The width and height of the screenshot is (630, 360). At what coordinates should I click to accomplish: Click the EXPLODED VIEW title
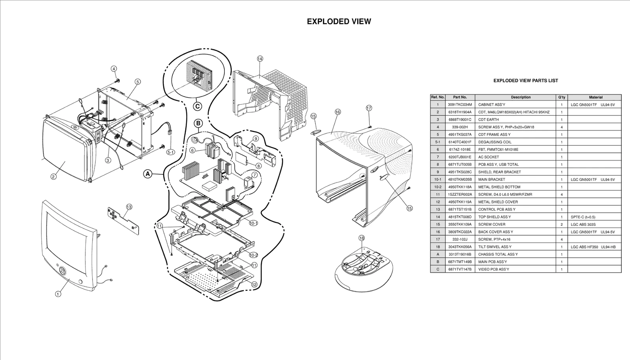click(x=339, y=22)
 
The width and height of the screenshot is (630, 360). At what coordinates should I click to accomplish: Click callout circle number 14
click(x=260, y=59)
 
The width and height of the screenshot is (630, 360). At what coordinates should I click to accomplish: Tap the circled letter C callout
click(x=198, y=106)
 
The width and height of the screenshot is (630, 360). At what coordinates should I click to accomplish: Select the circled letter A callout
click(x=148, y=174)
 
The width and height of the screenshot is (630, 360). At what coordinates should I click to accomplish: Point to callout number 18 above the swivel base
click(x=361, y=238)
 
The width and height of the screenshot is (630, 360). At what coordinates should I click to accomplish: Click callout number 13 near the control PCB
click(x=129, y=207)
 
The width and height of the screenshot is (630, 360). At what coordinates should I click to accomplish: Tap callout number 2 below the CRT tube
click(x=54, y=177)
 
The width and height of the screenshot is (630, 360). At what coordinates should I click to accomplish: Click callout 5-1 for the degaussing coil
click(x=170, y=152)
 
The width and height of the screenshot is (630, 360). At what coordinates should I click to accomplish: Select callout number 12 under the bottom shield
click(x=254, y=284)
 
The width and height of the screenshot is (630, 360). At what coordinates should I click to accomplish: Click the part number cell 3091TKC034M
click(x=460, y=105)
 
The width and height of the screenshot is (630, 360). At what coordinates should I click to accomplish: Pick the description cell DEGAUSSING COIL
click(x=495, y=142)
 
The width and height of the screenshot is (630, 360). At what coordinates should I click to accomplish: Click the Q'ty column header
click(x=561, y=97)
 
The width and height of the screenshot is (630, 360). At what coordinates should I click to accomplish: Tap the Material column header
click(x=595, y=97)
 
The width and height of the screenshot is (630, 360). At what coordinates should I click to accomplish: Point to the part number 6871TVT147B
click(x=460, y=269)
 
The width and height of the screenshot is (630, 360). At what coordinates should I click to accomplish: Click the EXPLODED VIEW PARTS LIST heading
click(x=526, y=81)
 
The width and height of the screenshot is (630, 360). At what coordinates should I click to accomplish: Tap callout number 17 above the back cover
click(x=369, y=108)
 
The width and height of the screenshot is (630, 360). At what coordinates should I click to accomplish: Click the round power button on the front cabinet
click(x=62, y=271)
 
